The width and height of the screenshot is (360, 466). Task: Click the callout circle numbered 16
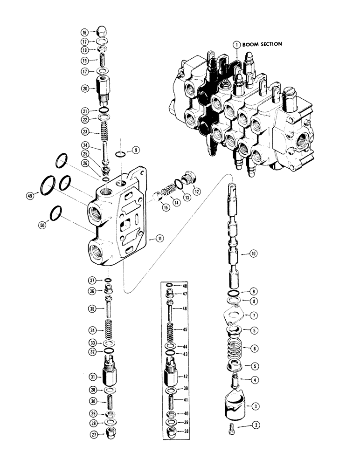84,33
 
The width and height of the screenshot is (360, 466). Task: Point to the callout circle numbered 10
253,254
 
